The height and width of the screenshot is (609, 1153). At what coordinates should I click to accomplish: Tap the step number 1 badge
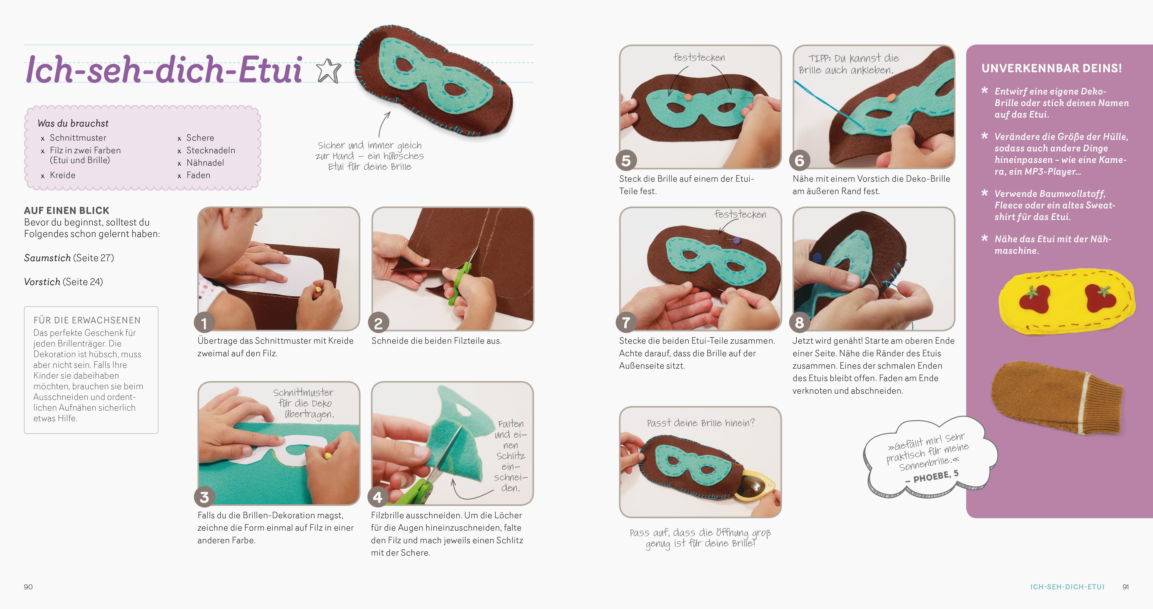(x=204, y=322)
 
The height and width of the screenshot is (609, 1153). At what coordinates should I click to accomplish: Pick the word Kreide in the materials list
(x=63, y=175)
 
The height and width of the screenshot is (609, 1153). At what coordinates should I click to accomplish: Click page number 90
(x=28, y=587)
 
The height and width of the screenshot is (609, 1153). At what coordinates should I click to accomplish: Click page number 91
(x=1125, y=587)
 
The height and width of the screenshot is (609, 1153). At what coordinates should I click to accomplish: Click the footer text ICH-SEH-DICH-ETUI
(x=1067, y=587)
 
